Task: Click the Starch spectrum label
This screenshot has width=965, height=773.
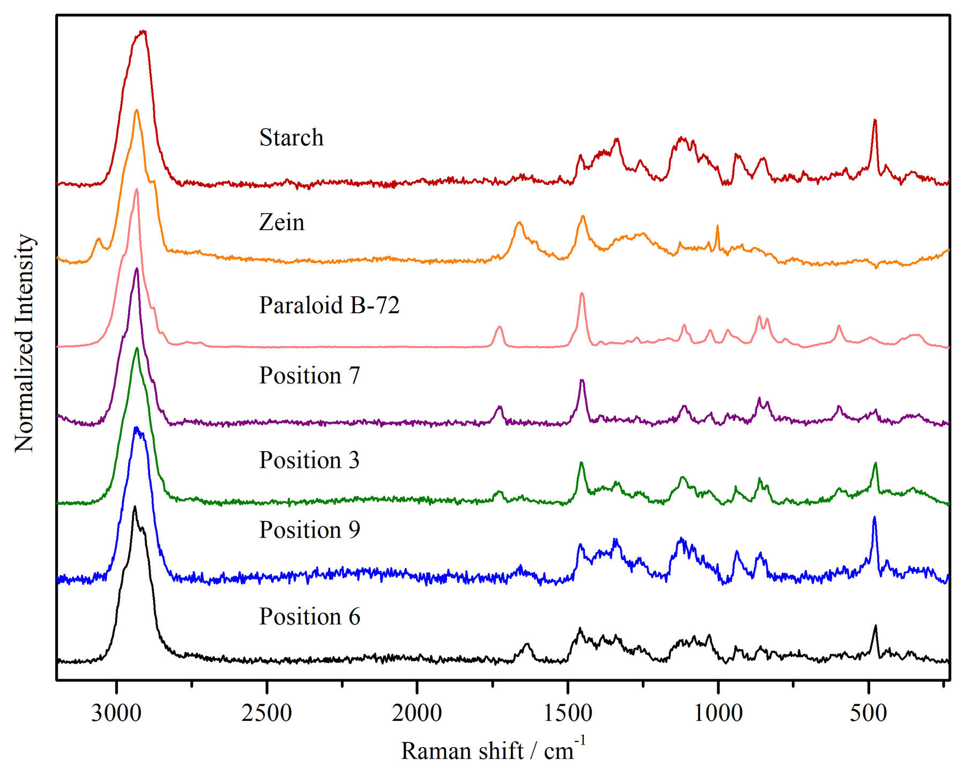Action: pos(291,138)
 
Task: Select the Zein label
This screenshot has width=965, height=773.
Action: pos(281,222)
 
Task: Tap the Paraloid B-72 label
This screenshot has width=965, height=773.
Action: pos(329,305)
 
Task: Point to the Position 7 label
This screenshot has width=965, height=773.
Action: pos(309,376)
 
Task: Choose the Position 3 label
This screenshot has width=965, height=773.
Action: pos(309,460)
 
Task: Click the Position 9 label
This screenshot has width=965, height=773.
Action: pos(309,530)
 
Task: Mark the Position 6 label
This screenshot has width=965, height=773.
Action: pos(309,617)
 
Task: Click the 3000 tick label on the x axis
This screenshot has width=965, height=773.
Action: pos(116,713)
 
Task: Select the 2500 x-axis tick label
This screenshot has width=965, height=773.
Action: pos(266,713)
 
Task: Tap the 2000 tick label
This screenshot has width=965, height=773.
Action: pos(417,713)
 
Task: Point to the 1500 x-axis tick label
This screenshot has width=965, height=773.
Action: pos(568,713)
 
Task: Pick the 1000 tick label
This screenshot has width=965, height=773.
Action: pos(718,713)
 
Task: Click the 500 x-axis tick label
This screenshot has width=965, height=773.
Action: pos(868,713)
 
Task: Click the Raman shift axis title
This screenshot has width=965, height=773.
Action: pos(493,749)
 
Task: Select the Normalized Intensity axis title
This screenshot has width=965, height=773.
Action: pos(24,343)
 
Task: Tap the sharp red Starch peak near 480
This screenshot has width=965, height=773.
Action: pos(875,121)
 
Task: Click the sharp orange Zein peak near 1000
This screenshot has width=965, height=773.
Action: pos(717,226)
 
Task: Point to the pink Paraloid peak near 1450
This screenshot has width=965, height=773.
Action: pos(582,294)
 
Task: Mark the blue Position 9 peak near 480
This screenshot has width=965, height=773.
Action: pos(874,518)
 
